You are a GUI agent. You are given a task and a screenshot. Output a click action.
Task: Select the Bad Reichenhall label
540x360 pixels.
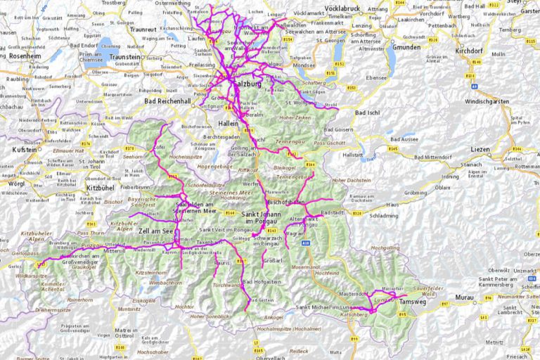pyautogui.click(x=169, y=101)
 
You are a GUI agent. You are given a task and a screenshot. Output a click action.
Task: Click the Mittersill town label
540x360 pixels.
pyautogui.click(x=114, y=250)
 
